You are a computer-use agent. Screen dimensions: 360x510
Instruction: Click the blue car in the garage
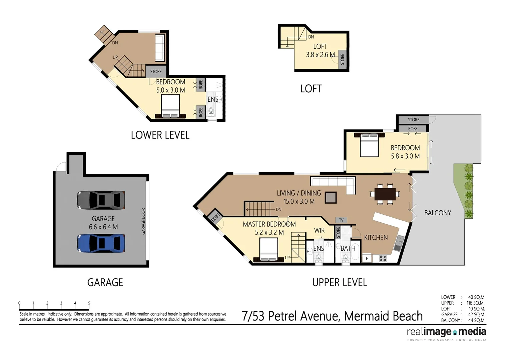(x=101, y=243)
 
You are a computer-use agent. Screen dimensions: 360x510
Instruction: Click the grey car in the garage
(x=101, y=200)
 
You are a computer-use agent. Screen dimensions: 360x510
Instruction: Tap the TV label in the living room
(x=341, y=220)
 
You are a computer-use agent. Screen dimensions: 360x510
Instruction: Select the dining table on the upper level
(x=385, y=194)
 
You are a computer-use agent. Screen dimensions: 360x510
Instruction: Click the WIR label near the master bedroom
(x=319, y=230)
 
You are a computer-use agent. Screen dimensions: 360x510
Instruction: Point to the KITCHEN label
(x=376, y=238)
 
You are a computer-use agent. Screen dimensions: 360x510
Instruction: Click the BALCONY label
(x=438, y=213)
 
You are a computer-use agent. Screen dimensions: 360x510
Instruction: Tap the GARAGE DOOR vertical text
(x=143, y=221)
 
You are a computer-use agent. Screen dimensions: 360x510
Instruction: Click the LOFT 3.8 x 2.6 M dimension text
(x=320, y=55)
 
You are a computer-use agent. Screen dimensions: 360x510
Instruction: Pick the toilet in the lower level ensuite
(x=211, y=111)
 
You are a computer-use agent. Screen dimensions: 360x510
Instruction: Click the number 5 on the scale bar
(x=89, y=303)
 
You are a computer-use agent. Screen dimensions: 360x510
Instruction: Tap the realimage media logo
(x=446, y=332)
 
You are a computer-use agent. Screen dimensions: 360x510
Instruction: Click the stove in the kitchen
(x=383, y=258)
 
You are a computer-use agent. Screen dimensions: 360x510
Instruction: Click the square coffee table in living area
(x=331, y=198)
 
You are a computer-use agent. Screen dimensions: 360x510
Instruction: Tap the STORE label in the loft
(x=342, y=60)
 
